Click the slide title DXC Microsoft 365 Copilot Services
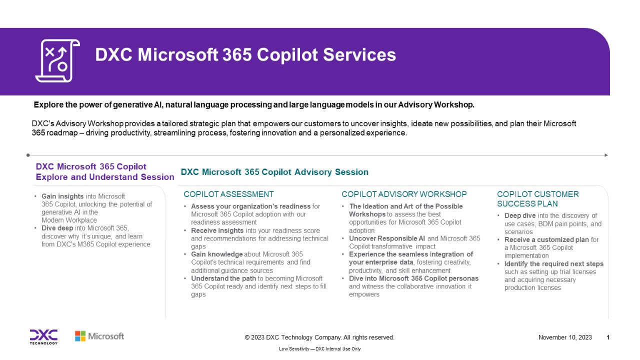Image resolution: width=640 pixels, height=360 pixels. click(x=245, y=55)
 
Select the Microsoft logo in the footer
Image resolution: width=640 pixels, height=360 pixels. click(x=99, y=336)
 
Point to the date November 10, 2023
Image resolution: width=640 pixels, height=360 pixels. click(x=564, y=337)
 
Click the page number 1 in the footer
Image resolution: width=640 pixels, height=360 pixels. click(x=608, y=337)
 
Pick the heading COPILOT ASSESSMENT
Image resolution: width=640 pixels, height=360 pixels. click(x=228, y=194)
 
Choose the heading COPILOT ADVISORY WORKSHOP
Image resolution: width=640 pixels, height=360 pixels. click(x=404, y=194)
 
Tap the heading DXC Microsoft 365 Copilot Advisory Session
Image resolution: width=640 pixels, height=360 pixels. click(x=274, y=172)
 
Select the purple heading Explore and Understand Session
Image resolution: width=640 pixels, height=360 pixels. click(x=105, y=177)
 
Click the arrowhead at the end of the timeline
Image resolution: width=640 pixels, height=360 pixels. click(x=606, y=155)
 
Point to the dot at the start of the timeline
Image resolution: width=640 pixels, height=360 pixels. click(x=28, y=155)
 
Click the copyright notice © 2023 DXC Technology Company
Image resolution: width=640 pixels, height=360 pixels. click(x=319, y=337)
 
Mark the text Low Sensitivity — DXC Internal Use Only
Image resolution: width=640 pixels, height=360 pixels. click(x=319, y=349)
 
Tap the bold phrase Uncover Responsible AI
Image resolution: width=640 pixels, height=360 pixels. click(x=387, y=238)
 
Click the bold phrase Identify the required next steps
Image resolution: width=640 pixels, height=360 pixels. click(x=553, y=264)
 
